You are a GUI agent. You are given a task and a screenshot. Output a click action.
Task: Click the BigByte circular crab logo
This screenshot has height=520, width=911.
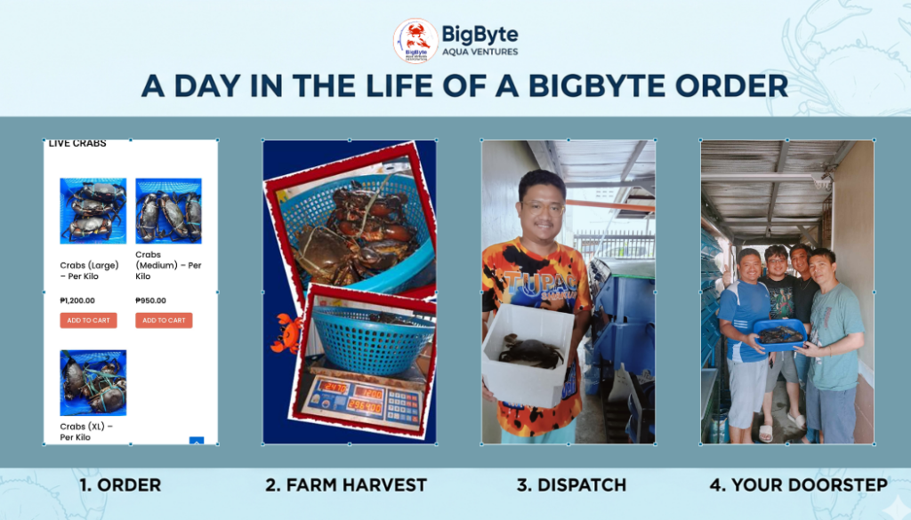pyautogui.click(x=415, y=41)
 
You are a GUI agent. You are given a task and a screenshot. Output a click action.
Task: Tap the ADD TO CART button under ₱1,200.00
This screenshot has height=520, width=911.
pyautogui.click(x=88, y=320)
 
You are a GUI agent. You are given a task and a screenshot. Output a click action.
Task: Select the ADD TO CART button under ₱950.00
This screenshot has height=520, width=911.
pyautogui.click(x=164, y=320)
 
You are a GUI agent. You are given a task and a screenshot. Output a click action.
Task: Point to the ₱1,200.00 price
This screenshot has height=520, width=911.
pyautogui.click(x=77, y=300)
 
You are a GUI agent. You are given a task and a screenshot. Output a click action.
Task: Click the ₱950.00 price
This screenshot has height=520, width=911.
pyautogui.click(x=151, y=300)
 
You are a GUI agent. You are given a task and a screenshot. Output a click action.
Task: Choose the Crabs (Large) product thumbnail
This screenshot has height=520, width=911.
pyautogui.click(x=93, y=211)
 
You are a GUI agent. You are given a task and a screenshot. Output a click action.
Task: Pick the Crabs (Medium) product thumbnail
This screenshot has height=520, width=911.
pyautogui.click(x=168, y=211)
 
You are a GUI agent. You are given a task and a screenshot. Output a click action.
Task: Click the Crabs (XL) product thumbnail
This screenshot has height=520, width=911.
pyautogui.click(x=93, y=382)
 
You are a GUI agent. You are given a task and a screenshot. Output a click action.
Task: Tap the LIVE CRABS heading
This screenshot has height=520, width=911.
pyautogui.click(x=77, y=144)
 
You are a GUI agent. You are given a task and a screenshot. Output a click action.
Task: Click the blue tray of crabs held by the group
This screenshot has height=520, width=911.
pyautogui.click(x=778, y=333)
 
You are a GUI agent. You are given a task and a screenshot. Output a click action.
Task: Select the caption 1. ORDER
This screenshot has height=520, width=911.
pyautogui.click(x=120, y=485)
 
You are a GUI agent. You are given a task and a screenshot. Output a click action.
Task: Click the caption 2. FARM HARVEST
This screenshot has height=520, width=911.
pyautogui.click(x=346, y=485)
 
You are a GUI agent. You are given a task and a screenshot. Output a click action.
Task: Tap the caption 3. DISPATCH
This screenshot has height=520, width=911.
pyautogui.click(x=571, y=485)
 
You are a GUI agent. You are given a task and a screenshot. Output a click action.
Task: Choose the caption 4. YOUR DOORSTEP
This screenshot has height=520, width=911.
pyautogui.click(x=798, y=485)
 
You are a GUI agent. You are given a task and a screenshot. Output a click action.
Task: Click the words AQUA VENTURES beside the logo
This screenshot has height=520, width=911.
pyautogui.click(x=481, y=52)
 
